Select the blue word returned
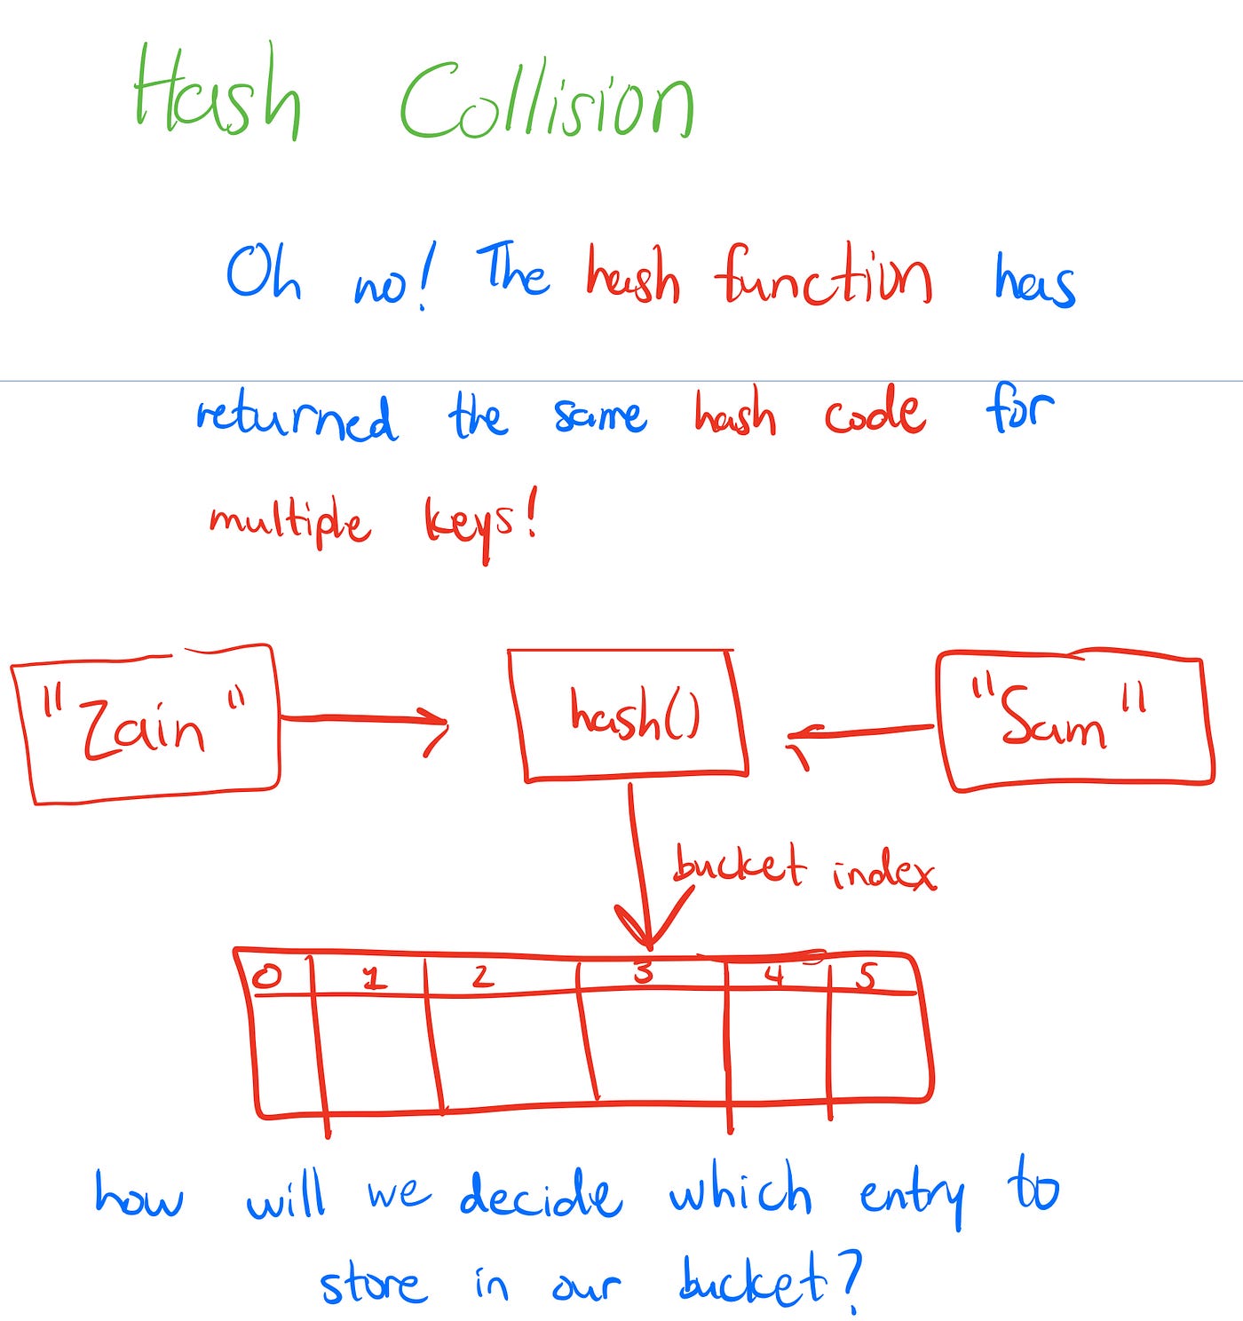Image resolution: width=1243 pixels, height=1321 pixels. click(x=297, y=417)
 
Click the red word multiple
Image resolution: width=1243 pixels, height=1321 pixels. click(x=289, y=522)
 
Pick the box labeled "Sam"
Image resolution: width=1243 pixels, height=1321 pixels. click(x=1074, y=721)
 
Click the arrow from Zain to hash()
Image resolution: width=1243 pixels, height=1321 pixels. click(x=364, y=719)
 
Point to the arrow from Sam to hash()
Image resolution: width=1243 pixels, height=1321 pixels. click(x=861, y=732)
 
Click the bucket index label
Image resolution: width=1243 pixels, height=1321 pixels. click(x=804, y=868)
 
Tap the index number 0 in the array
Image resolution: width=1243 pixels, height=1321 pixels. click(x=266, y=977)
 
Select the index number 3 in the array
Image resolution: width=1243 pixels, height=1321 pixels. click(x=644, y=974)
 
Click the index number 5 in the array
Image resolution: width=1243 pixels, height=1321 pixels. click(x=866, y=977)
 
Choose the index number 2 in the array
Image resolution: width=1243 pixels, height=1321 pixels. click(x=482, y=977)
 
